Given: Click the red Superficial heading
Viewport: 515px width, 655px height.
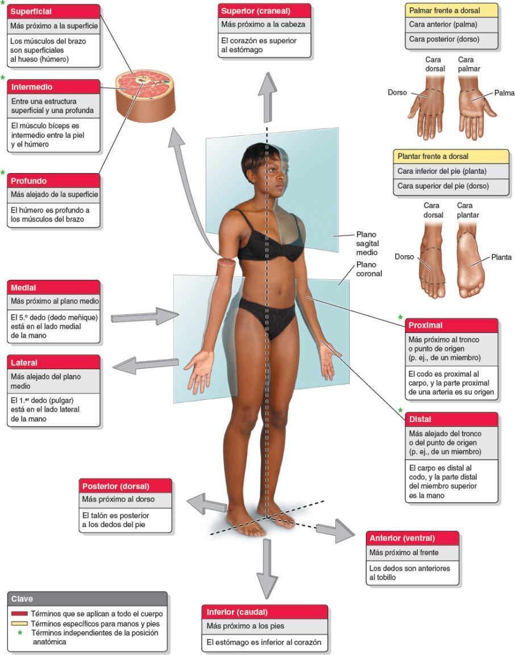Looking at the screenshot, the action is pos(54,12).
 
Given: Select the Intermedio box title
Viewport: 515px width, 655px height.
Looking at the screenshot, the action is pos(54,87).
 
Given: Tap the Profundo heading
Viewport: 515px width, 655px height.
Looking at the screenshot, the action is pos(54,181).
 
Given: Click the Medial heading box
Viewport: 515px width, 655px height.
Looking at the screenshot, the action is pos(54,287).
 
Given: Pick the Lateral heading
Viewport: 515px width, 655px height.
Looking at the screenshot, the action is pos(54,362).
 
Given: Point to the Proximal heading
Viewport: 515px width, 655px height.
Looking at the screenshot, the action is pos(451,326).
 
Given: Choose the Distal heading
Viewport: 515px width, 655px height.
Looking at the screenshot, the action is pos(451,419).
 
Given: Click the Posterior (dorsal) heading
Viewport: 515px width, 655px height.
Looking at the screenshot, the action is pos(125,486).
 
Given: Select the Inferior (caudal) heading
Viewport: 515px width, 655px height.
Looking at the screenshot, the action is pos(264,612).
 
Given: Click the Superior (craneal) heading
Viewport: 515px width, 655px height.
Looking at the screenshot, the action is pos(264,11).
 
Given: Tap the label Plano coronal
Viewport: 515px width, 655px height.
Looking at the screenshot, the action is pos(368,269).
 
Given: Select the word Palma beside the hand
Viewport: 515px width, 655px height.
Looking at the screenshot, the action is pos(504,92).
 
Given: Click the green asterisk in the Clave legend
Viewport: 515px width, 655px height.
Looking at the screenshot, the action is pos(19,633).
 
